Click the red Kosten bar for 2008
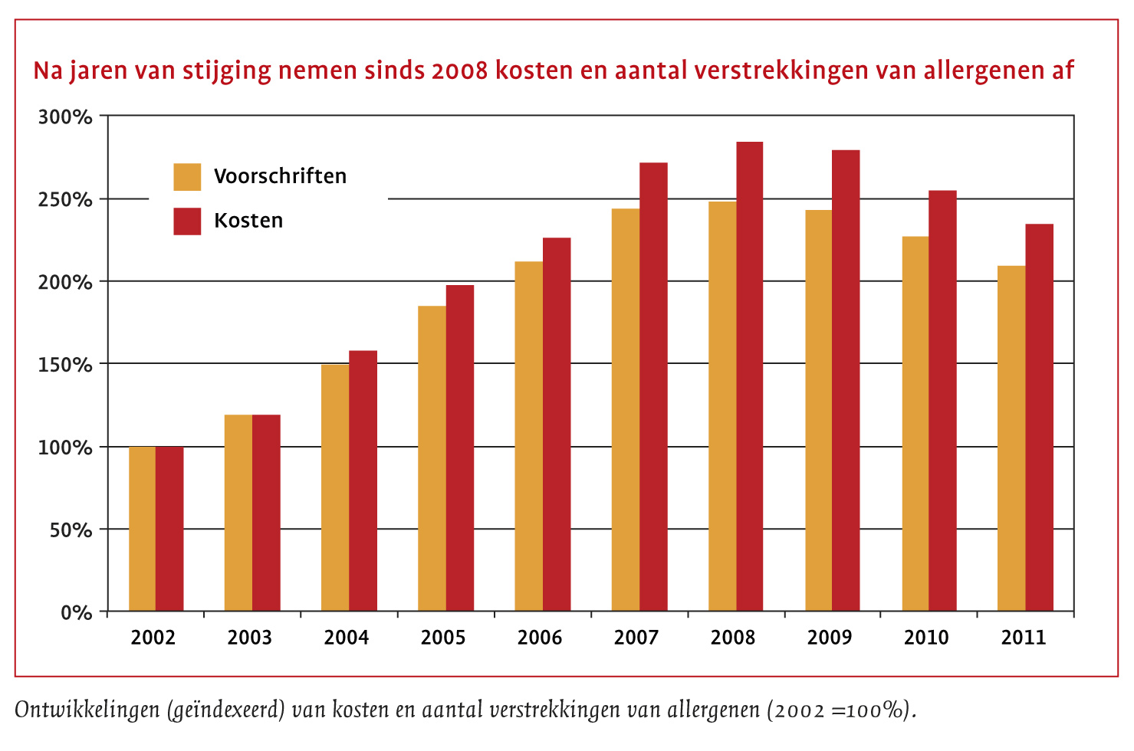coord(750,375)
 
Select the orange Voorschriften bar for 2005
coord(432,458)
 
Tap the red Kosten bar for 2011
coord(1039,418)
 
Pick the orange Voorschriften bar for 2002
coord(142,529)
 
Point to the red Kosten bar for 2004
coord(363,480)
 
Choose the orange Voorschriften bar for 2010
coord(915,424)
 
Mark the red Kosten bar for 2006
coord(557,424)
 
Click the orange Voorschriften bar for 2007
coord(626,410)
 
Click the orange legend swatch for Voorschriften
coord(187,177)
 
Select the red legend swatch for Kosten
coord(187,221)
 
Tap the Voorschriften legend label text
coord(280,176)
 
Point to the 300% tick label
coord(65,117)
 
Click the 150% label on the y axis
coord(65,365)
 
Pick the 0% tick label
coord(76,613)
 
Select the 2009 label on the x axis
coord(830,638)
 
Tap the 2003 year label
coord(249,638)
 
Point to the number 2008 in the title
coord(459,71)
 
